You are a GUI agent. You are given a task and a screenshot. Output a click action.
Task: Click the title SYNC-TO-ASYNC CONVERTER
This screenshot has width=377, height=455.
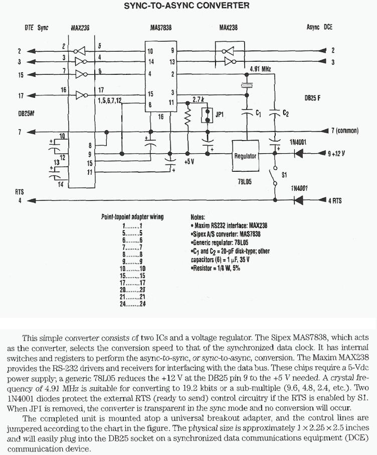(186, 6)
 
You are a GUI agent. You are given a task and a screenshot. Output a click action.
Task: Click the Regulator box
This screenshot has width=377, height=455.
(245, 156)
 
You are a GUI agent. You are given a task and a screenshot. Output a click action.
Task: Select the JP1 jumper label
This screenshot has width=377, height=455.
(219, 115)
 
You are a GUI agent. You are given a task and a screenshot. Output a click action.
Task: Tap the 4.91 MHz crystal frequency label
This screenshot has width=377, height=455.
(260, 69)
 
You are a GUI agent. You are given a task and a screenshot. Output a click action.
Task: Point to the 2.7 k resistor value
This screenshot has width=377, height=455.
(199, 99)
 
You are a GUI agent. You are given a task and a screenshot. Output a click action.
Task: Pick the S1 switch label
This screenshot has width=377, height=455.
(284, 175)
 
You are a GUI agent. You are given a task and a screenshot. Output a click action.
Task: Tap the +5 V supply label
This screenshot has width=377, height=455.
(189, 162)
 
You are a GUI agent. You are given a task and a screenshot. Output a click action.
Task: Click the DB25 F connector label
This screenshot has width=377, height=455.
(312, 98)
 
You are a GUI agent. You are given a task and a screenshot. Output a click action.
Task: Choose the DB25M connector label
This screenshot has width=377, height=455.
(26, 113)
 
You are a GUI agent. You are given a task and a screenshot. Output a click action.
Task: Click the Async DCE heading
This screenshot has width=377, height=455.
(319, 28)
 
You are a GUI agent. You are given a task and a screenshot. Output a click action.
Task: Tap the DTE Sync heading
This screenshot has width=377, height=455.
(36, 28)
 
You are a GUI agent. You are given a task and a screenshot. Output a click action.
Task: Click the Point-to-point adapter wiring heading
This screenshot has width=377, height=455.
(132, 217)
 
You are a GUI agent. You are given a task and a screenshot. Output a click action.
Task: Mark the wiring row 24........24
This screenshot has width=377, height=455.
(132, 304)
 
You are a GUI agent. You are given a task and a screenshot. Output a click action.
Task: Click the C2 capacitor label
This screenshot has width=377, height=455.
(285, 113)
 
